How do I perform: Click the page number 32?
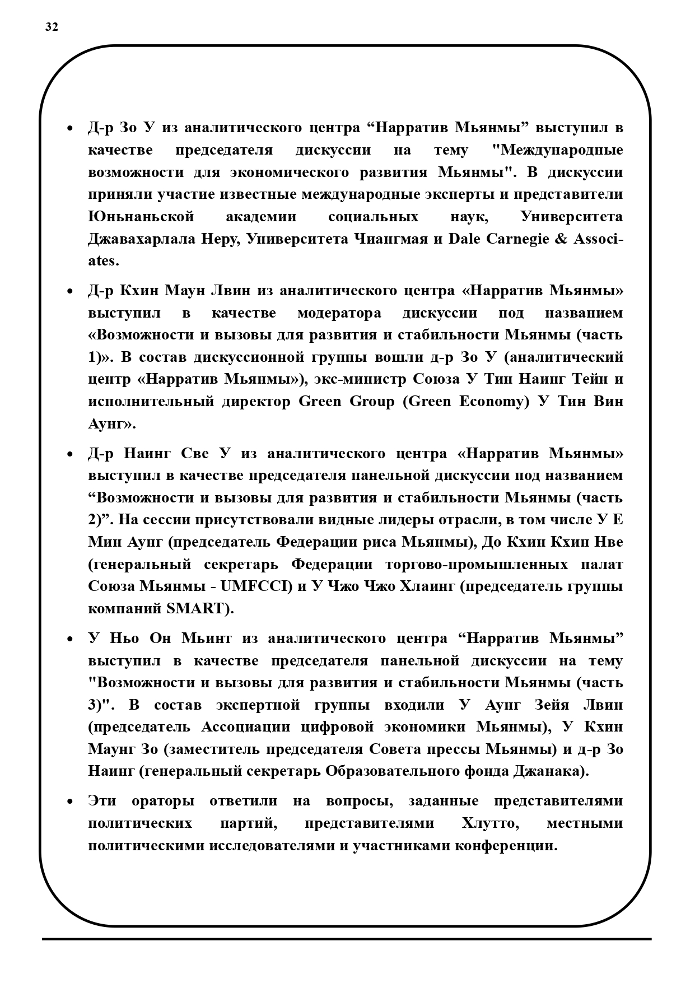(52, 27)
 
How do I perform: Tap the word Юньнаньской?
(141, 217)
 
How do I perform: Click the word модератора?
(339, 313)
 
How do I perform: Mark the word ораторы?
(163, 801)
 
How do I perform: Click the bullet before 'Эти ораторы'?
(69, 802)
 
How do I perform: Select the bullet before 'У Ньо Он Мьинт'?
(69, 639)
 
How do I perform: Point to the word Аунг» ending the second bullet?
(111, 424)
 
